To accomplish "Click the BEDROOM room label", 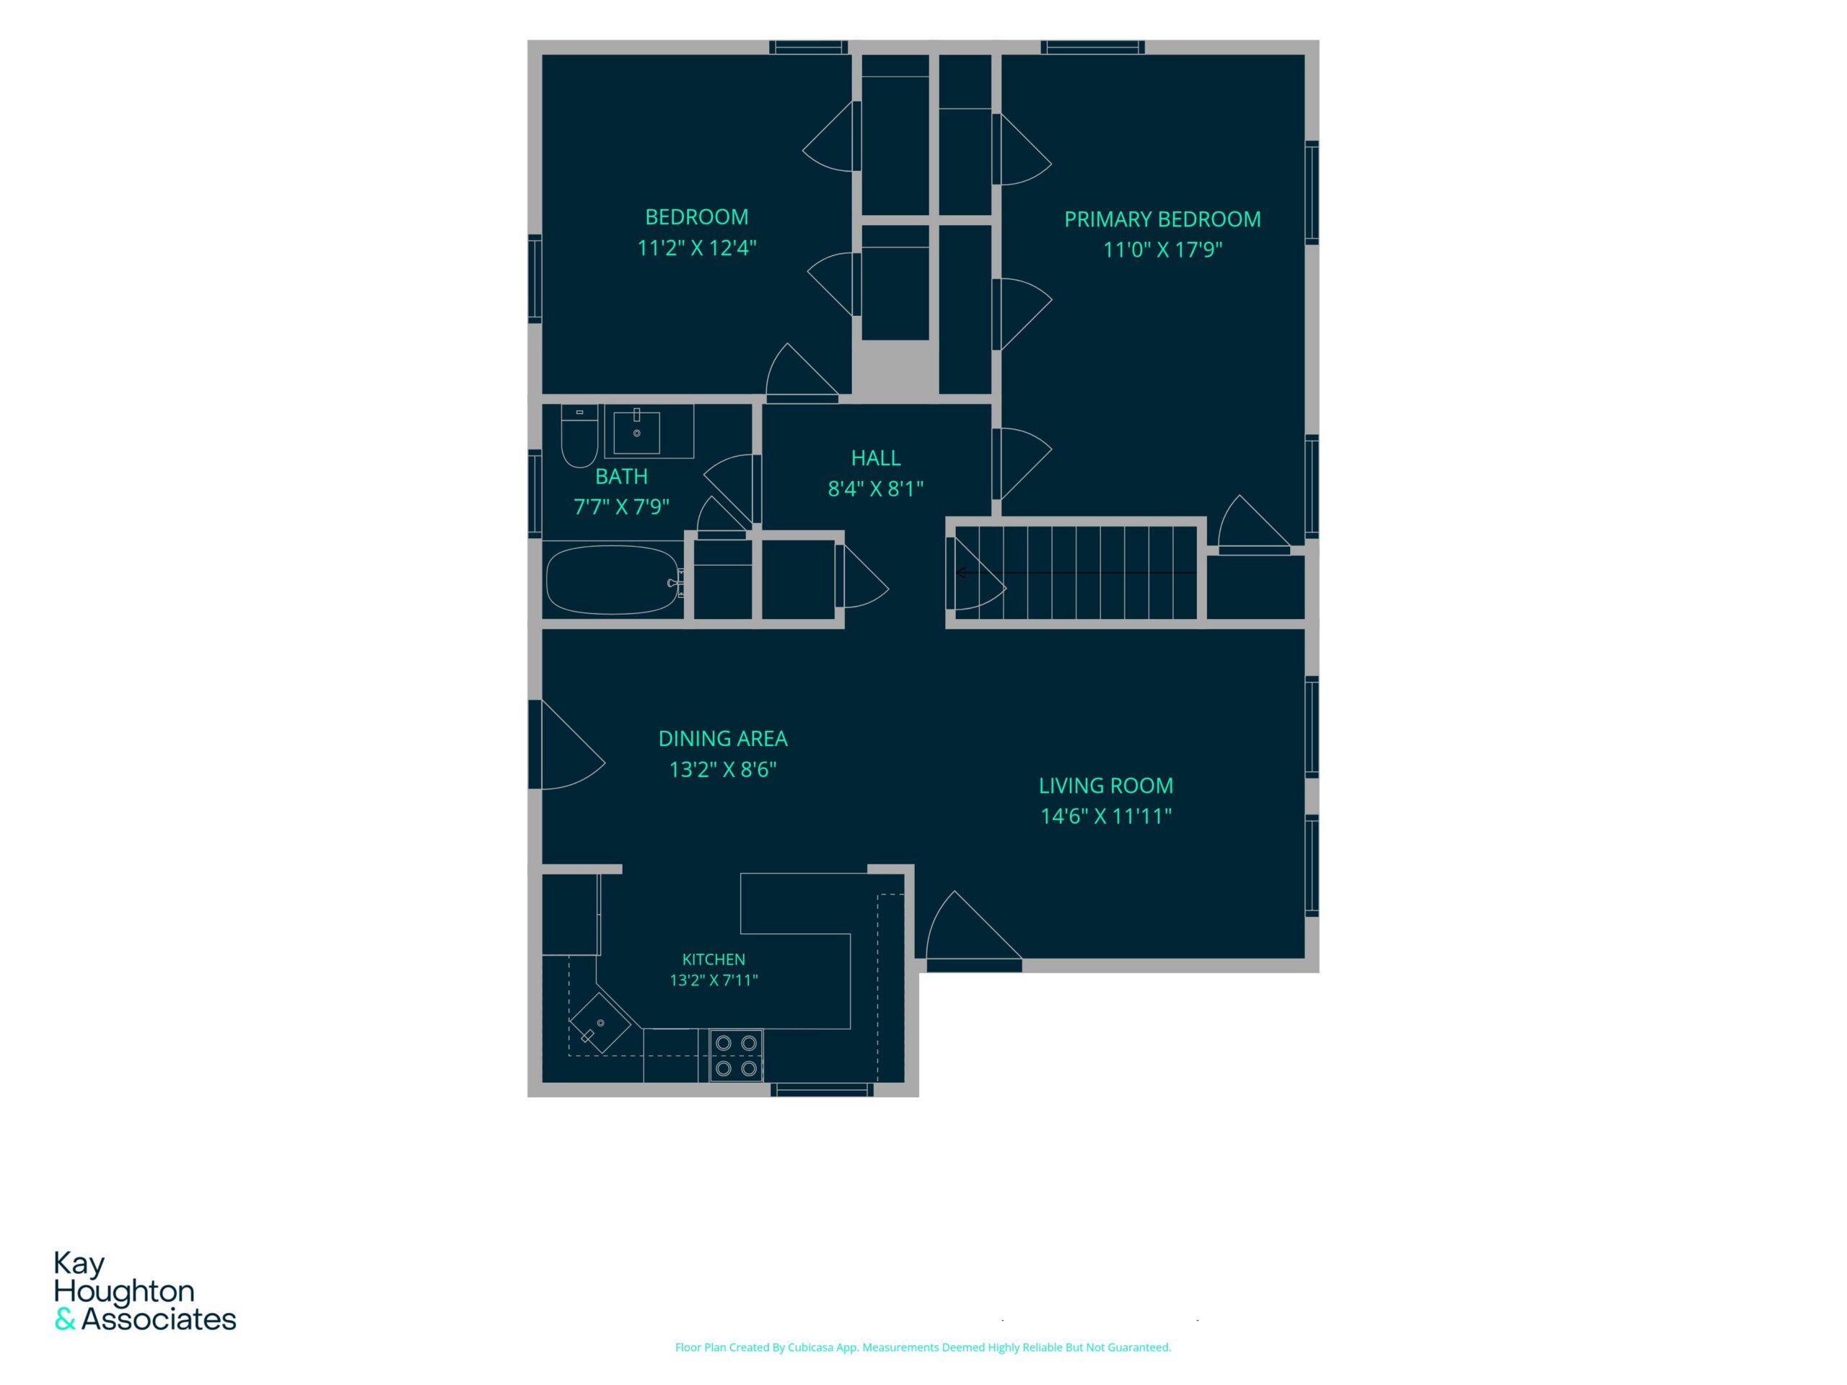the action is point(696,217).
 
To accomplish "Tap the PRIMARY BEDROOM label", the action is point(1162,219).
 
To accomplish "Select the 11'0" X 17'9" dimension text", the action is point(1162,250).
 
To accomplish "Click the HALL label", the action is point(876,458).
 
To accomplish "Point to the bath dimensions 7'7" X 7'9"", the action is point(621,506).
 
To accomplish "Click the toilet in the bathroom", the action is point(579,436).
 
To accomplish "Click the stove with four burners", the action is point(736,1055).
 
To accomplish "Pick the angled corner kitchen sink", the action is point(600,1023).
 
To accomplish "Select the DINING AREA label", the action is point(723,739).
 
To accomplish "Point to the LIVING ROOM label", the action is point(1105,786).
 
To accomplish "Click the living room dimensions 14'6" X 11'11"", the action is point(1105,816).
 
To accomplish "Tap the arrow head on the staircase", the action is point(961,573).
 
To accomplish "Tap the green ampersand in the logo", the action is point(65,1320).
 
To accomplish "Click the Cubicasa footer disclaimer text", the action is point(923,1347).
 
